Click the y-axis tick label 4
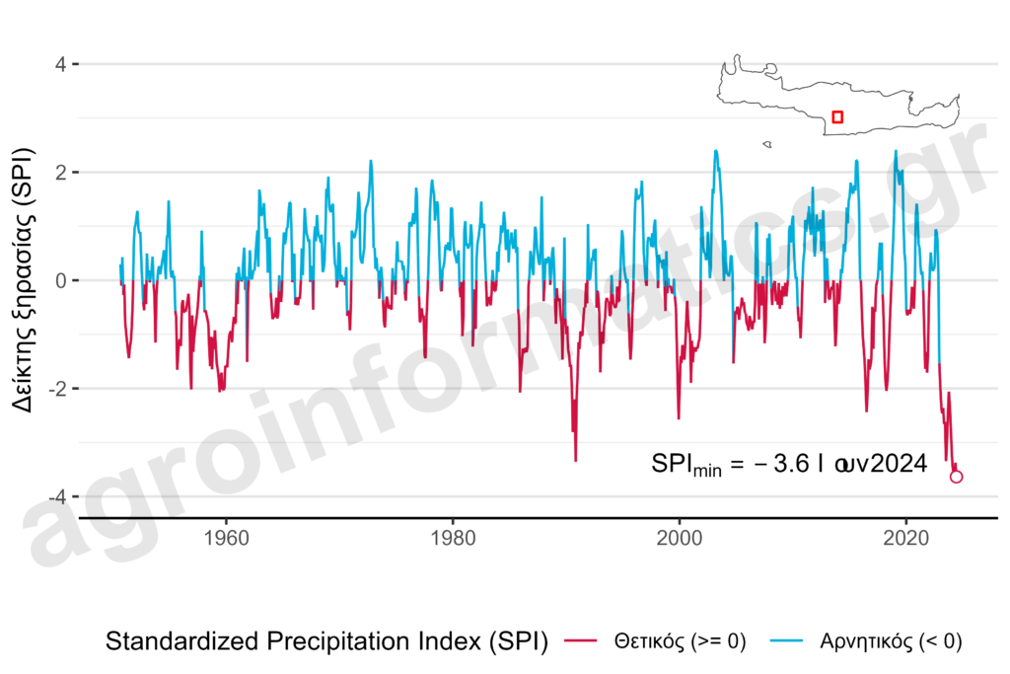pos(60,64)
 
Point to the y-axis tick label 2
pos(60,173)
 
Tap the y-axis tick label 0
pos(60,280)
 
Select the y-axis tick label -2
pos(56,389)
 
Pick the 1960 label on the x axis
pos(226,540)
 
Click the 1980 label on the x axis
pos(453,540)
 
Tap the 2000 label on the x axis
pos(680,540)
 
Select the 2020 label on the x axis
pos(906,540)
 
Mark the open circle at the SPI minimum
pos(956,477)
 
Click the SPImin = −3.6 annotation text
pos(788,464)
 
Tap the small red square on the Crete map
pos(837,117)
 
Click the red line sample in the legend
pos(583,641)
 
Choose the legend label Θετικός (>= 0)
pos(680,641)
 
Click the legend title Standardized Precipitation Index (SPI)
pos(326,641)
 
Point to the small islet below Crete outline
pos(766,145)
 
